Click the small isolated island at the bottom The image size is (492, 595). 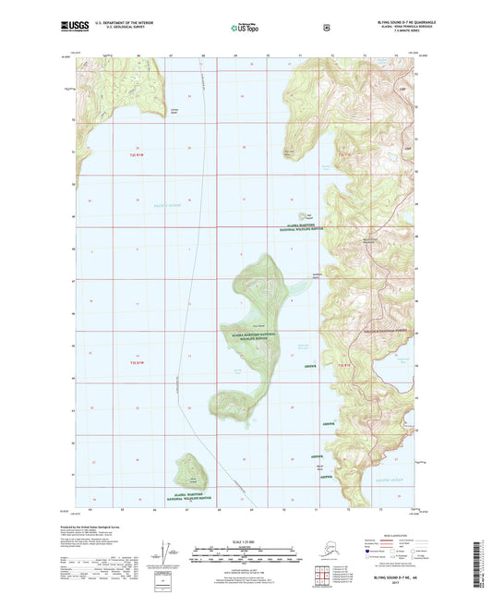click(192, 472)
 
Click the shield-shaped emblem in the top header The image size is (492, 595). click(325, 28)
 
